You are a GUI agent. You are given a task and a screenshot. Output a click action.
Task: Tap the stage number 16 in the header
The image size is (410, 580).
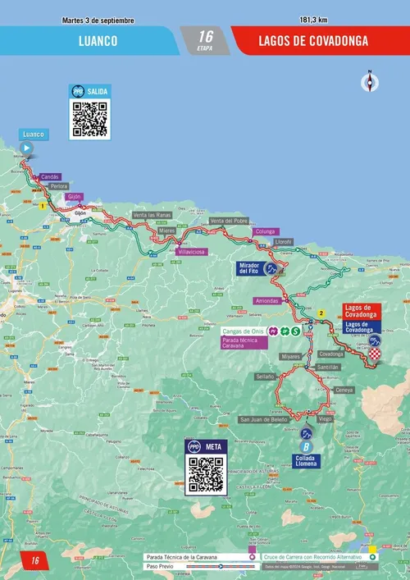[205, 36]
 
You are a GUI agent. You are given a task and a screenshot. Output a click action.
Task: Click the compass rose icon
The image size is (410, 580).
[370, 80]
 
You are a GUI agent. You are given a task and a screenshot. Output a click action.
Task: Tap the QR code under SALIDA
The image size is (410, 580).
[89, 119]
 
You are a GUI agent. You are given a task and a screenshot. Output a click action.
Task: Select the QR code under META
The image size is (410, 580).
[205, 474]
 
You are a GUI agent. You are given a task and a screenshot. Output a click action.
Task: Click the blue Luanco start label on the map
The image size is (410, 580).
[34, 134]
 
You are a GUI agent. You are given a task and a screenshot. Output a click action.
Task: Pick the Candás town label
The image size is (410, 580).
[50, 176]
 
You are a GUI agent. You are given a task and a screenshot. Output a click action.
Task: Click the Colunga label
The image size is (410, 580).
[265, 231]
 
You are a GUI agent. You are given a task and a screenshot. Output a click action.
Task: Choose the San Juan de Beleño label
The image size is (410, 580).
[263, 419]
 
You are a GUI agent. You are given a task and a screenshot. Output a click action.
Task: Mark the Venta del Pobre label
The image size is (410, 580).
[229, 221]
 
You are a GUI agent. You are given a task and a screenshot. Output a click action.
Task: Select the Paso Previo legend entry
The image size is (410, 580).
[160, 566]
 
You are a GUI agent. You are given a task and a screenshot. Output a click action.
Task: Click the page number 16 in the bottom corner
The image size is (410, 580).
[35, 560]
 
